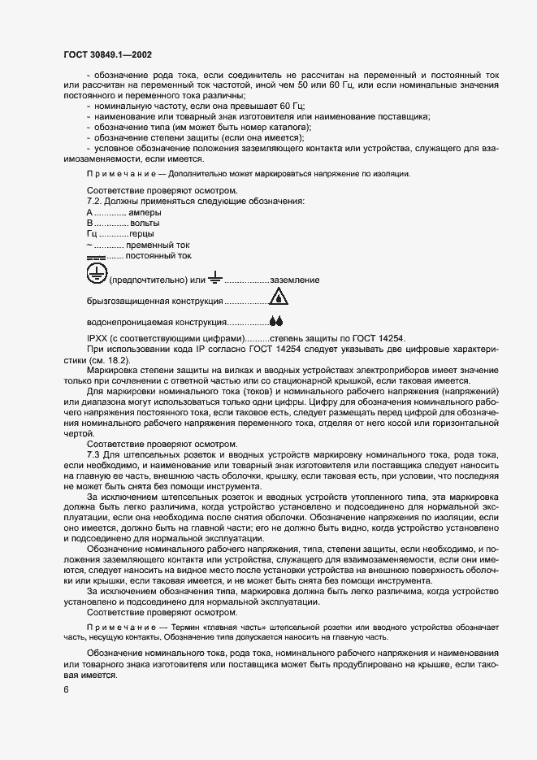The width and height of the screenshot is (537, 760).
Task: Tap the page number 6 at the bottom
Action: (x=66, y=690)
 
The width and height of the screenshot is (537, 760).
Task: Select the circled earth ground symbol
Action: (x=97, y=273)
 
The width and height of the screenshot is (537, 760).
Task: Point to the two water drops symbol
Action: (x=276, y=322)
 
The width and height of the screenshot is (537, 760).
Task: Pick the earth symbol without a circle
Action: (x=214, y=279)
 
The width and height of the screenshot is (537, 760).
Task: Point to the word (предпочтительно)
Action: (x=146, y=280)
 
